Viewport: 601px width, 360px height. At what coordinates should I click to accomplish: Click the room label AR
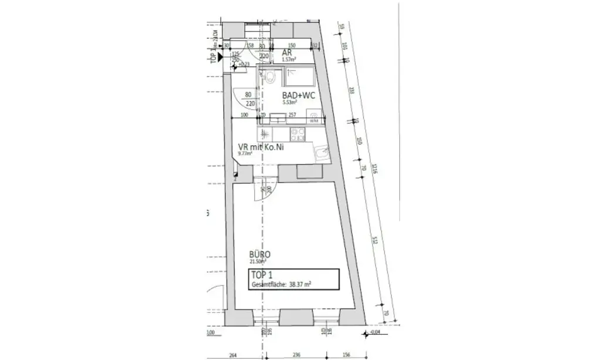[287, 53]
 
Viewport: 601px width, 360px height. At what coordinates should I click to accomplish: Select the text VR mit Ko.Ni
[261, 148]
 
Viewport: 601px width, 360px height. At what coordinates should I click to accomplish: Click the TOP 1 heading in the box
[262, 275]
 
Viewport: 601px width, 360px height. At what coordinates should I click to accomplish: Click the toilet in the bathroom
[271, 77]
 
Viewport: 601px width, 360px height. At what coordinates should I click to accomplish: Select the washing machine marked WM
[315, 119]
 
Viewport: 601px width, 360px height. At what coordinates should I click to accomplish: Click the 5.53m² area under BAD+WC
[289, 102]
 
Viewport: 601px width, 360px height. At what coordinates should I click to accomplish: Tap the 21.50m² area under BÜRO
[258, 261]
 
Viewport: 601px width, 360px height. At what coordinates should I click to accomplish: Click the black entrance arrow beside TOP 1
[220, 57]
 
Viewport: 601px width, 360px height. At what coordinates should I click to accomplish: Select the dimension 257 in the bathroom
[291, 116]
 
